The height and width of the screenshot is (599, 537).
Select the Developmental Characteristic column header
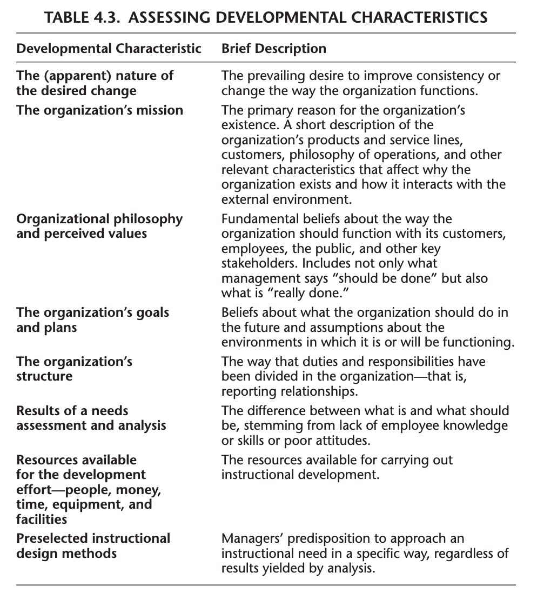pos(109,49)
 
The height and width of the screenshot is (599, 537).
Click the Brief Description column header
pos(274,49)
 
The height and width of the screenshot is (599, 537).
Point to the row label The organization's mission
pos(100,110)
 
